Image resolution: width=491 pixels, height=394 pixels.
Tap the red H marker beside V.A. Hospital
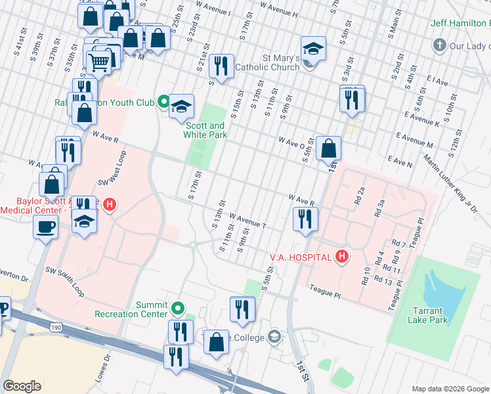[341, 256]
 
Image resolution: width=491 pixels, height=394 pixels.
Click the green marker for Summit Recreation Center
[177, 307]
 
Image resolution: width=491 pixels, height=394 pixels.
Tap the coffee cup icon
[45, 227]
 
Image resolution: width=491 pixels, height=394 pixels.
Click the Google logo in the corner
[22, 386]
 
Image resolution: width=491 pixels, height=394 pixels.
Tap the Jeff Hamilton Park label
[459, 23]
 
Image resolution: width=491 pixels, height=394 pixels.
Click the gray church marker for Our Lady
[439, 46]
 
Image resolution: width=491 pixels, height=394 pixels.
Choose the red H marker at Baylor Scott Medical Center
[110, 205]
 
